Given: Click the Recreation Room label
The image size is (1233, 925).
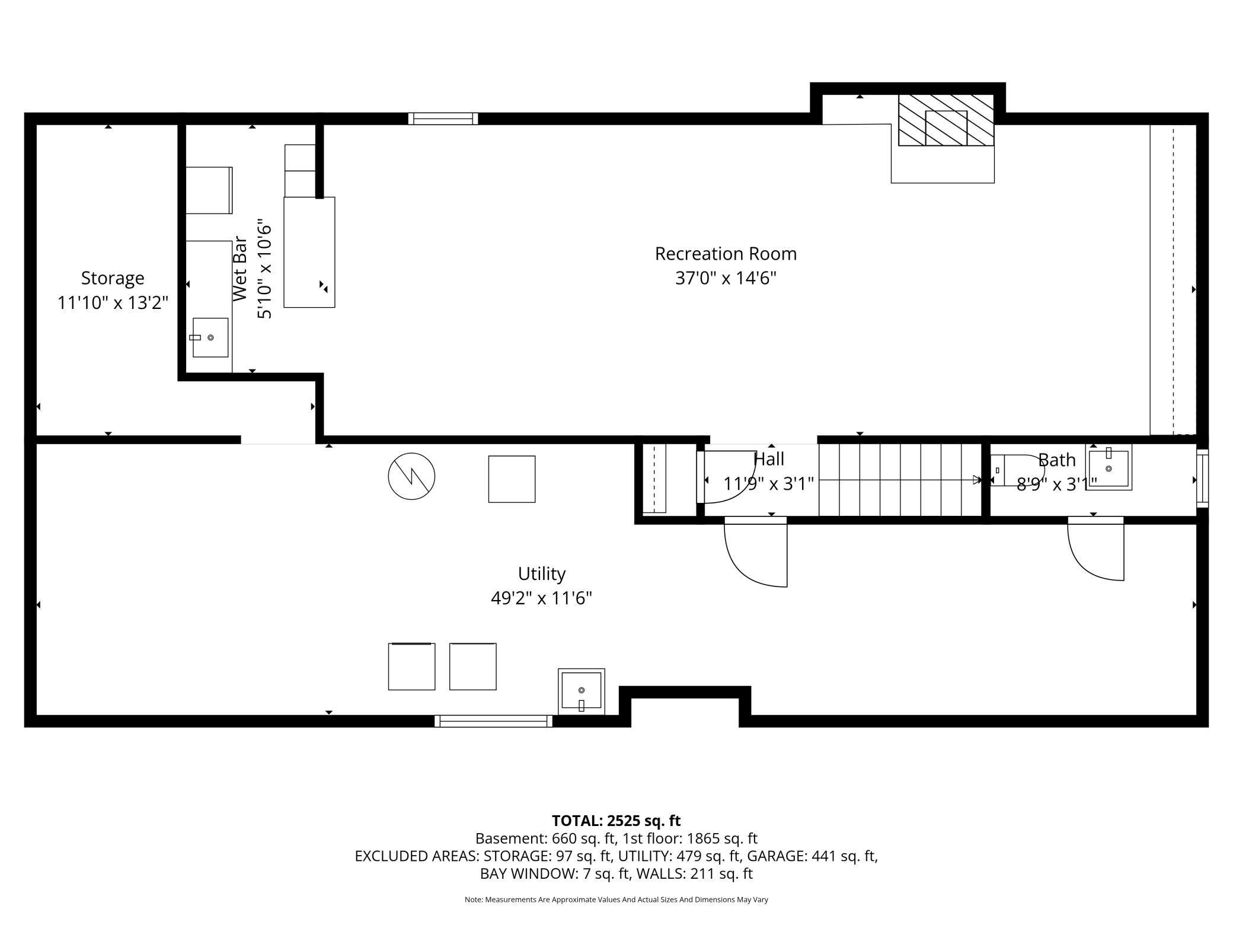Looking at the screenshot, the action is coord(726,254).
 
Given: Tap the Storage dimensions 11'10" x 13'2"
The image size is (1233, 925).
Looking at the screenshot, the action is coord(113,302).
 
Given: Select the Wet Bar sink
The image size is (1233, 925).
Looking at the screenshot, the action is coord(210,337).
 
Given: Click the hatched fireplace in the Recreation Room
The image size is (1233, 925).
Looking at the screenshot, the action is coord(945,120).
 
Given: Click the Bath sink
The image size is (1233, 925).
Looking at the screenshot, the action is coord(1109,467).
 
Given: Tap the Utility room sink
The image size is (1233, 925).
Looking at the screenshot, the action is coord(582,691).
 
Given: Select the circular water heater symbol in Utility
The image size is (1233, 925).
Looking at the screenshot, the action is coord(411,476).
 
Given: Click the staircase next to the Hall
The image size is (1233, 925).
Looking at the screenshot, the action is coord(900,480).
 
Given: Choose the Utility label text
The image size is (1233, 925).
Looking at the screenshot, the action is coord(542,574).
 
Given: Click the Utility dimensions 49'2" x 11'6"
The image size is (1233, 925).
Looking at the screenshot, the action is coord(541,598).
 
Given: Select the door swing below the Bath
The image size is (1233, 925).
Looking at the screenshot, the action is coord(1095,548).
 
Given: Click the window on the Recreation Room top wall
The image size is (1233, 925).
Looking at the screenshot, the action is coord(443,119).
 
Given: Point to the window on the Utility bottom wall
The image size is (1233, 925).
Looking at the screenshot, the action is coord(493,721).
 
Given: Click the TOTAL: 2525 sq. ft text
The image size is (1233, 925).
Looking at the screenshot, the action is coord(616,821).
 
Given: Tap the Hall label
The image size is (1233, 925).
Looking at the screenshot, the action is coord(769,459).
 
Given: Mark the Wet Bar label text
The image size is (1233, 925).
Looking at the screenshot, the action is coord(239,269).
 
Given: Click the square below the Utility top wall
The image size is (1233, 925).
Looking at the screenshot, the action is coord(512,479).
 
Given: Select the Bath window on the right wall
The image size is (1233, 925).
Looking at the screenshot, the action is coord(1202,478).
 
